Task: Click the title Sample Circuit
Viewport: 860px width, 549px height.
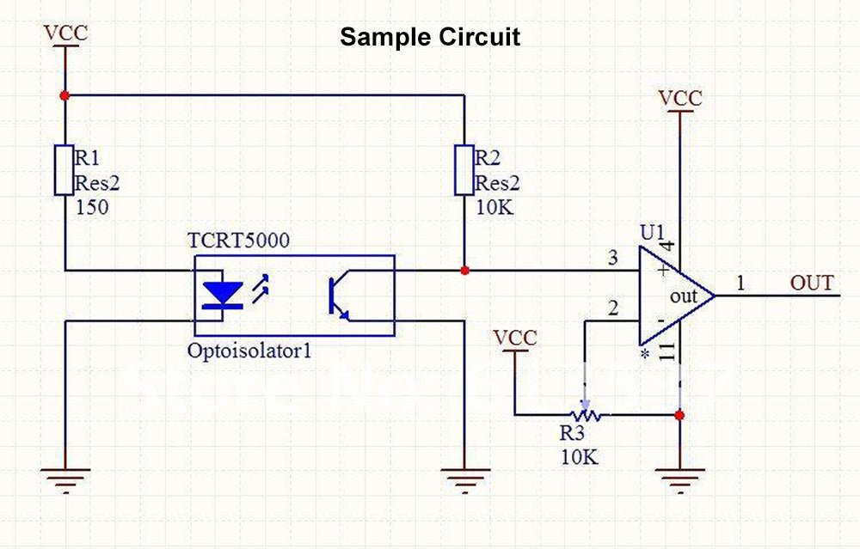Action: pyautogui.click(x=430, y=38)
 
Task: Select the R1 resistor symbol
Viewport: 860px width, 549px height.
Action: pyautogui.click(x=64, y=170)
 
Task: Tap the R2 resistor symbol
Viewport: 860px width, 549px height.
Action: pyautogui.click(x=464, y=170)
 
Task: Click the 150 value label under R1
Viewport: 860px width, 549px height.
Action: pyautogui.click(x=93, y=206)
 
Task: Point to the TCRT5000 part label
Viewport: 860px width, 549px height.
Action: pyautogui.click(x=239, y=240)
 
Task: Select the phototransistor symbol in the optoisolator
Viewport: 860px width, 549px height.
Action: pyautogui.click(x=337, y=296)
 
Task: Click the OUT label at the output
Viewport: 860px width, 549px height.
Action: pyautogui.click(x=812, y=283)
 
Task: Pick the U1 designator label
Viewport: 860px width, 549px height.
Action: pyautogui.click(x=653, y=233)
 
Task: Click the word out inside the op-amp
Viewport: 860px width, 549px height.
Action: pyautogui.click(x=685, y=296)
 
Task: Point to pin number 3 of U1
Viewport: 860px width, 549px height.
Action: pyautogui.click(x=612, y=258)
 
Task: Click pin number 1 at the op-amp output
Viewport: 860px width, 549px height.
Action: pyautogui.click(x=740, y=283)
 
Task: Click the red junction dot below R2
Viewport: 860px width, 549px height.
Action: pyautogui.click(x=464, y=271)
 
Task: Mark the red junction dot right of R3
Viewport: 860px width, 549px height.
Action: pyautogui.click(x=680, y=416)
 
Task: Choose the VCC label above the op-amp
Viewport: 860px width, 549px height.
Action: pyautogui.click(x=680, y=99)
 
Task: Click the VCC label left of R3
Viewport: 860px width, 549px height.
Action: pyautogui.click(x=515, y=338)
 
